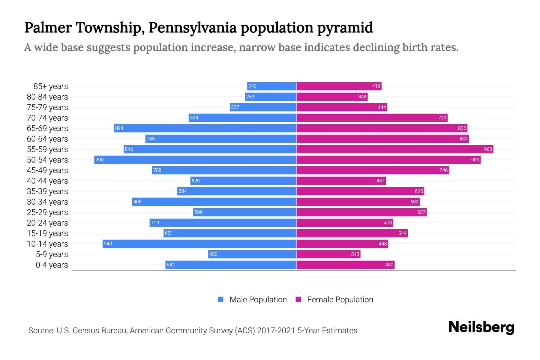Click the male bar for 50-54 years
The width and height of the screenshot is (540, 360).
[x=195, y=160]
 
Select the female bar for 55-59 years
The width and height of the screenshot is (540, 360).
[x=395, y=149]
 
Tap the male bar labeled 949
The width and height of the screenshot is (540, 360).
[x=199, y=244]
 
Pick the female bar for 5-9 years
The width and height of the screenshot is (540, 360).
[x=328, y=254]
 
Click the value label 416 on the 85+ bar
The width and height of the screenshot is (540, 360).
[x=376, y=86]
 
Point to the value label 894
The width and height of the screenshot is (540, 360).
[x=119, y=128]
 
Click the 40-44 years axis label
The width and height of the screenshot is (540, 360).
[x=47, y=181]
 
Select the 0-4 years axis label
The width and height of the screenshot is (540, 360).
[x=52, y=265]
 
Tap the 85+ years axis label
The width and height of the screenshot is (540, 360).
[x=51, y=86]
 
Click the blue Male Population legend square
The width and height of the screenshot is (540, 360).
[x=221, y=299]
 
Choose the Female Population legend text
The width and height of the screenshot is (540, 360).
[x=340, y=299]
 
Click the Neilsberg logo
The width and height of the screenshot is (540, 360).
[x=481, y=328]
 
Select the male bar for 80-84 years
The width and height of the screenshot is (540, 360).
[x=271, y=97]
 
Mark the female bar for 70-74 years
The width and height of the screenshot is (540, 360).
[x=372, y=118]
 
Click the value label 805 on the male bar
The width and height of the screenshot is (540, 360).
[x=137, y=202]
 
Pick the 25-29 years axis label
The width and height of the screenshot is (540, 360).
[x=47, y=212]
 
